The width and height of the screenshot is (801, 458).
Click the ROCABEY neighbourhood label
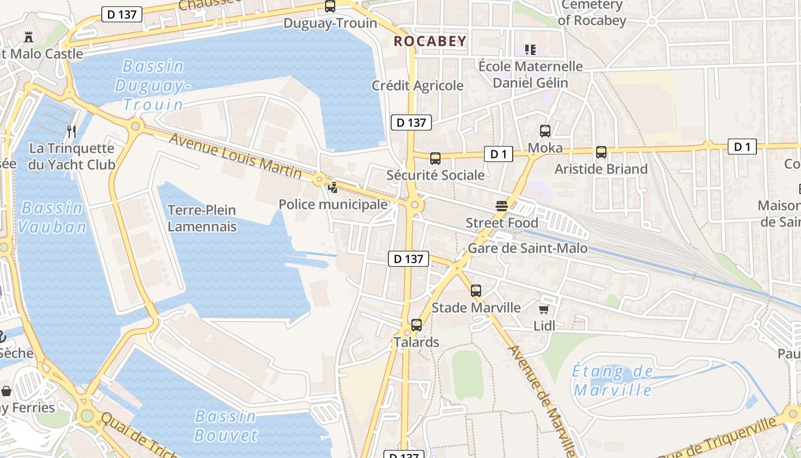(x=430, y=41)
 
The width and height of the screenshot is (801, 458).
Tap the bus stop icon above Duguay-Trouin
(x=330, y=6)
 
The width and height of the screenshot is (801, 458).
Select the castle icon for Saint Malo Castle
(x=28, y=37)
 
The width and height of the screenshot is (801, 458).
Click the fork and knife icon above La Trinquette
(x=72, y=132)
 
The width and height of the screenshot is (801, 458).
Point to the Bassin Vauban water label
(x=51, y=217)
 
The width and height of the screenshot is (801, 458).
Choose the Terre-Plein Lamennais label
(x=202, y=218)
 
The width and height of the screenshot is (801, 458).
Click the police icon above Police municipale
(x=332, y=187)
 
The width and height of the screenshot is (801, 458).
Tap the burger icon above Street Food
(x=502, y=206)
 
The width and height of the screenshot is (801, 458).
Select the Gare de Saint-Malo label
(x=528, y=248)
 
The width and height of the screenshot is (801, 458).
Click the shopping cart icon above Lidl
(x=544, y=309)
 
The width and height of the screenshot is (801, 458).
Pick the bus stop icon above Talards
(x=417, y=325)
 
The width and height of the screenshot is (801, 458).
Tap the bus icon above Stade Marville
(x=476, y=291)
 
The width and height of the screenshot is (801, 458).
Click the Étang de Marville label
(x=613, y=381)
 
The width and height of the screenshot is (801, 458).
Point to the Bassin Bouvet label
(x=225, y=425)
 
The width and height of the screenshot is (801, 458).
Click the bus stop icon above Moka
(x=545, y=131)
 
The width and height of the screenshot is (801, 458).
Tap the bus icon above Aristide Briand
(x=601, y=152)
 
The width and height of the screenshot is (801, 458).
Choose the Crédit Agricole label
(x=418, y=86)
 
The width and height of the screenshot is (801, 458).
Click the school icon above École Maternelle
(x=530, y=50)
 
